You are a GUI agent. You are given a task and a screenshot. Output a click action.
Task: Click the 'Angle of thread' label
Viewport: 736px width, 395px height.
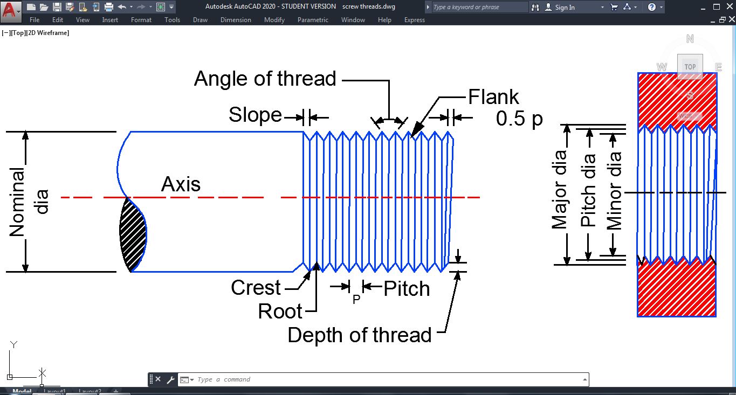point(265,79)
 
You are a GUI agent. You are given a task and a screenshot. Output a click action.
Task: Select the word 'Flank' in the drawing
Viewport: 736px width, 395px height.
point(493,97)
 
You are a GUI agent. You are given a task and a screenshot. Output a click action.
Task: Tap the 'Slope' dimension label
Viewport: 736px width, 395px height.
point(255,115)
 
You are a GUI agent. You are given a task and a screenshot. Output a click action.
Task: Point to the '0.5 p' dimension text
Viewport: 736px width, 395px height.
point(519,119)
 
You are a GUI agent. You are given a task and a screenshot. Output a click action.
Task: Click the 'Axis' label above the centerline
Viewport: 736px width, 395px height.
point(181,185)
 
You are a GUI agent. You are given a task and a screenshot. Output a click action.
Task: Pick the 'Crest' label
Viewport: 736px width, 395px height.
point(256,288)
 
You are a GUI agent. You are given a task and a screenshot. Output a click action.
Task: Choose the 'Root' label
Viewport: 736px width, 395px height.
point(280,311)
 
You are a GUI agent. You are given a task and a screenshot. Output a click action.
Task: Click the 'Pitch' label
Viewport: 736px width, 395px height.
point(407,289)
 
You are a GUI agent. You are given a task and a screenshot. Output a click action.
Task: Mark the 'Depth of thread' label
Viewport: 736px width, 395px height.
point(359,335)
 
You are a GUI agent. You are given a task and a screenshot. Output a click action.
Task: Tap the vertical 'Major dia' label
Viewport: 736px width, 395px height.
point(559,190)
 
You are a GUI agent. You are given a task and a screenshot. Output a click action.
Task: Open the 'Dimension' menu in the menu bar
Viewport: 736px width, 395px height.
point(236,20)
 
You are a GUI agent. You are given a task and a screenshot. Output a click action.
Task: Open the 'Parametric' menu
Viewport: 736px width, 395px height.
point(313,20)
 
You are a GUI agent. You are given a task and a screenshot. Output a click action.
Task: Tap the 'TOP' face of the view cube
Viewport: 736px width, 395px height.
point(690,67)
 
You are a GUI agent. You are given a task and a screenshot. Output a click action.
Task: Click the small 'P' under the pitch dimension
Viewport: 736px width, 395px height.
point(356,300)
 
